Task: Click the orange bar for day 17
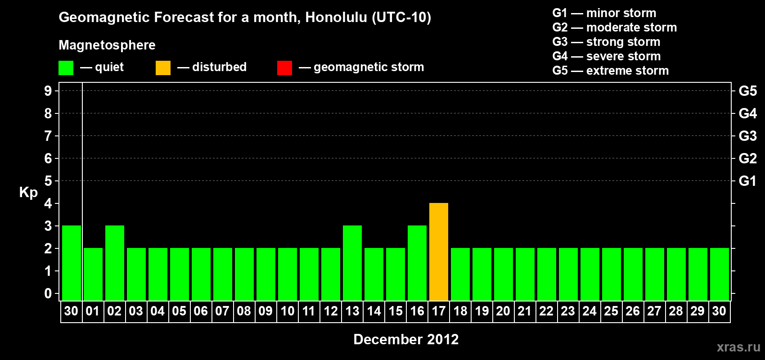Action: click(438, 252)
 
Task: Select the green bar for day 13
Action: click(352, 263)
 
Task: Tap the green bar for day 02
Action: click(114, 263)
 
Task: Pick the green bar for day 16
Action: click(417, 263)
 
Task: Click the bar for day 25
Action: click(611, 274)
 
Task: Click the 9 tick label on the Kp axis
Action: click(48, 91)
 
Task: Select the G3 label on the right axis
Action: click(747, 136)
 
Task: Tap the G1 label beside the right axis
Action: click(747, 181)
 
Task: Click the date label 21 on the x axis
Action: click(525, 311)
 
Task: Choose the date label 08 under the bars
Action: click(244, 311)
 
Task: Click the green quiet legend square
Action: click(66, 67)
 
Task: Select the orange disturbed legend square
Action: click(163, 67)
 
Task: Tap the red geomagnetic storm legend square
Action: click(284, 67)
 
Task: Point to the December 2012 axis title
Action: click(406, 339)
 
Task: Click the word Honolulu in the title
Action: click(337, 17)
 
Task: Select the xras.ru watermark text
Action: click(738, 347)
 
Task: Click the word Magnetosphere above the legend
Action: click(107, 45)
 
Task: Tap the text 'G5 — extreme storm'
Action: click(610, 71)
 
